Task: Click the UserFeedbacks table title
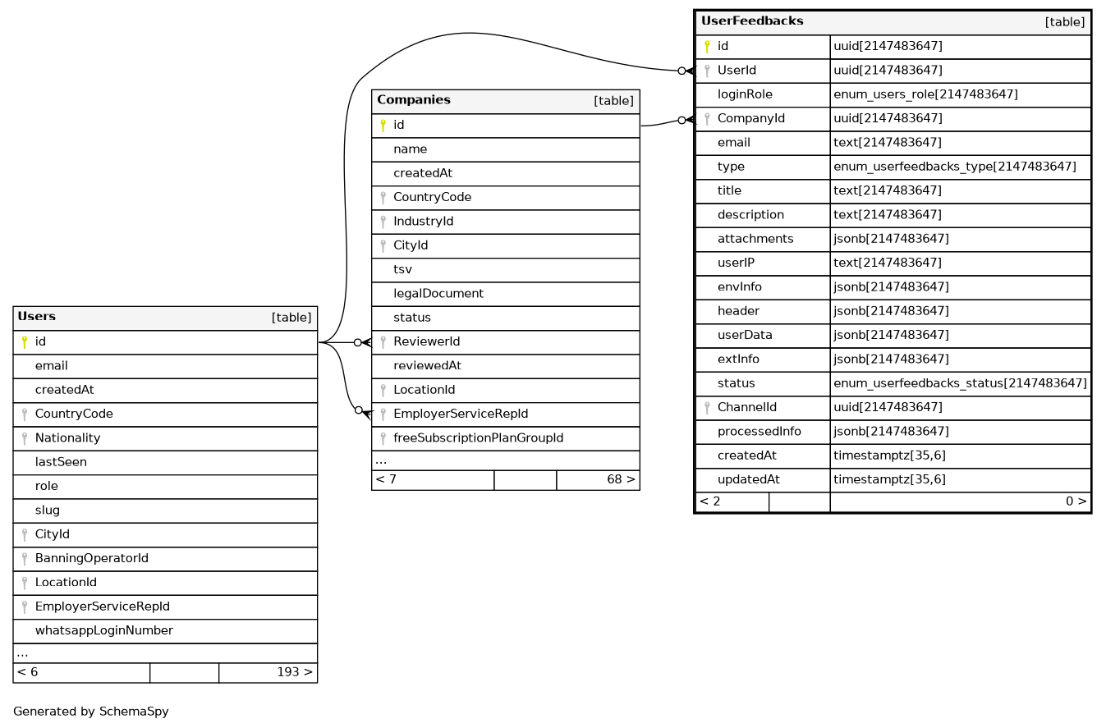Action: tap(751, 21)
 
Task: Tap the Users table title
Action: tap(36, 317)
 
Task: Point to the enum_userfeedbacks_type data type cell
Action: tap(954, 167)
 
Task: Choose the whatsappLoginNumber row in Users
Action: tap(103, 631)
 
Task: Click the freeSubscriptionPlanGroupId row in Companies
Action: tap(478, 438)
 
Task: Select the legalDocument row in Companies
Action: tap(438, 294)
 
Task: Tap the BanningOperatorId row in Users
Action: tap(91, 559)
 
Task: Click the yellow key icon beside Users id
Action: tap(25, 342)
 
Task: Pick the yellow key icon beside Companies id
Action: tap(383, 126)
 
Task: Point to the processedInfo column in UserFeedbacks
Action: tap(759, 432)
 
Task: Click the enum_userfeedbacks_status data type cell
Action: tap(960, 383)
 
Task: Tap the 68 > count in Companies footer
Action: tap(621, 480)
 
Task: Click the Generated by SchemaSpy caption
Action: tap(90, 712)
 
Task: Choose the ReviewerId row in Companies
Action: tap(426, 342)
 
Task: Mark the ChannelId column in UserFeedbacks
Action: tap(746, 407)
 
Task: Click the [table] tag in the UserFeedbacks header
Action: tap(1064, 22)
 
